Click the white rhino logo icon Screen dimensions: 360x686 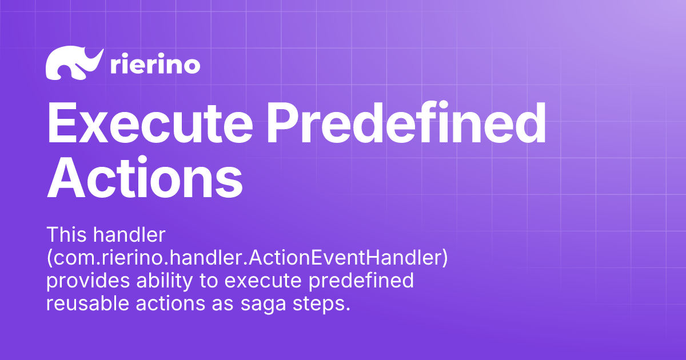coord(74,63)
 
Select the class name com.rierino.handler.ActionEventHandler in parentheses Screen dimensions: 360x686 coord(246,258)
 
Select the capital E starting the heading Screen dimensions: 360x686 coord(62,124)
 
